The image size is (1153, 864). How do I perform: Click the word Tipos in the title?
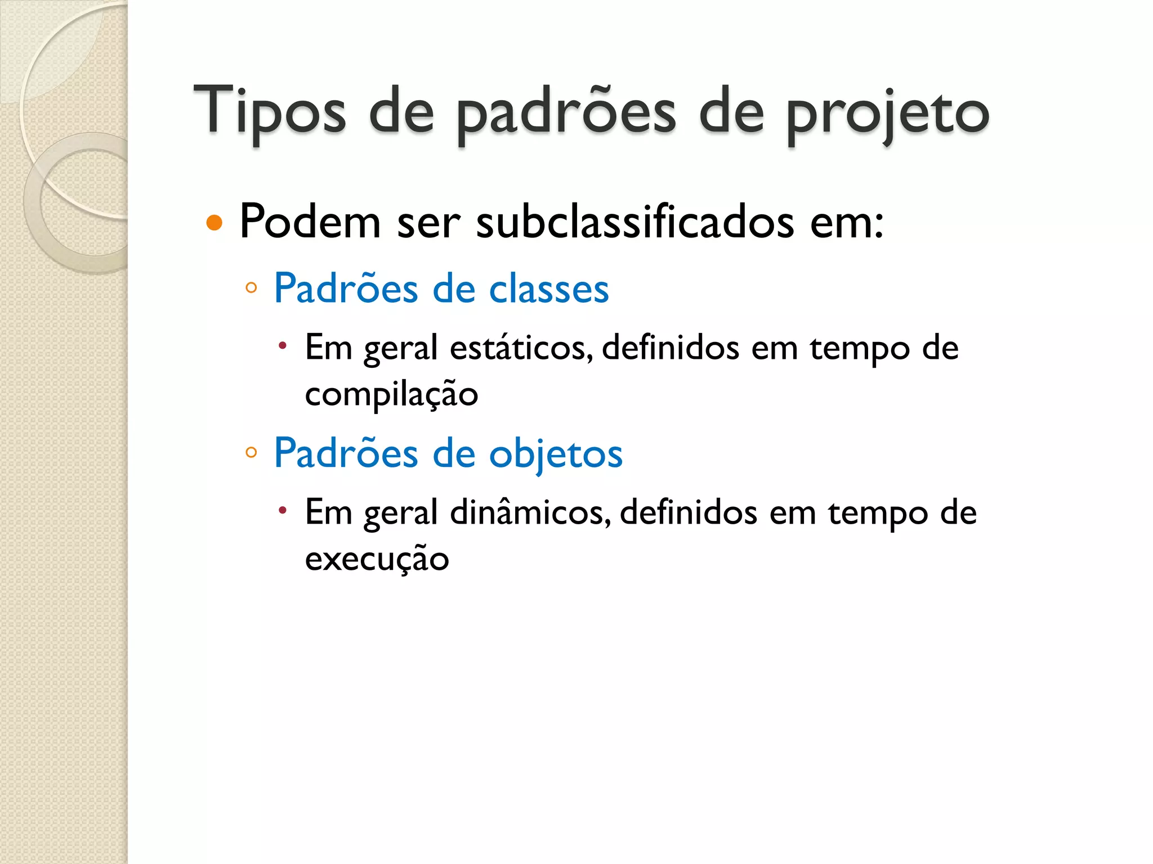(270, 111)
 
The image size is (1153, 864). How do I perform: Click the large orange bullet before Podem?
(214, 223)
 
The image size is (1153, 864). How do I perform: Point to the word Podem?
(310, 222)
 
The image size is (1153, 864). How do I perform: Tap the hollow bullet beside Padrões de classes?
(251, 289)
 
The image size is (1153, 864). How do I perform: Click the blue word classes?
(549, 289)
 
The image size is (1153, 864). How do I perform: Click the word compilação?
(391, 394)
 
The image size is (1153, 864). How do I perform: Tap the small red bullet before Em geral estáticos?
(283, 345)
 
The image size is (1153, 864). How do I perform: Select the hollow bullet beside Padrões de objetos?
(251, 452)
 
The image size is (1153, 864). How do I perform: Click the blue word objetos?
(556, 453)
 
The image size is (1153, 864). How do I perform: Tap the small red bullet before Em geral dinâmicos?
(283, 510)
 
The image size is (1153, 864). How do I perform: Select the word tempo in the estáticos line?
(860, 349)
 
